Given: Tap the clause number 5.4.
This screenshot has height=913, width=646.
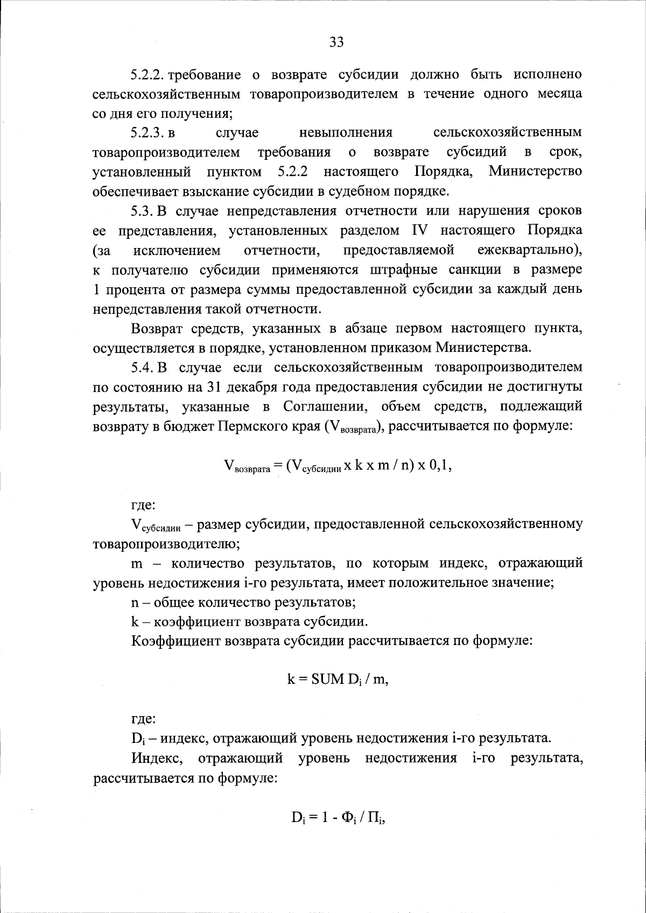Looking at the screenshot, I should [143, 367].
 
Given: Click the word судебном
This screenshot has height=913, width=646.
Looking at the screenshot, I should [364, 191].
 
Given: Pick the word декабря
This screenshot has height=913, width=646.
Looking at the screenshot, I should [249, 387].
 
